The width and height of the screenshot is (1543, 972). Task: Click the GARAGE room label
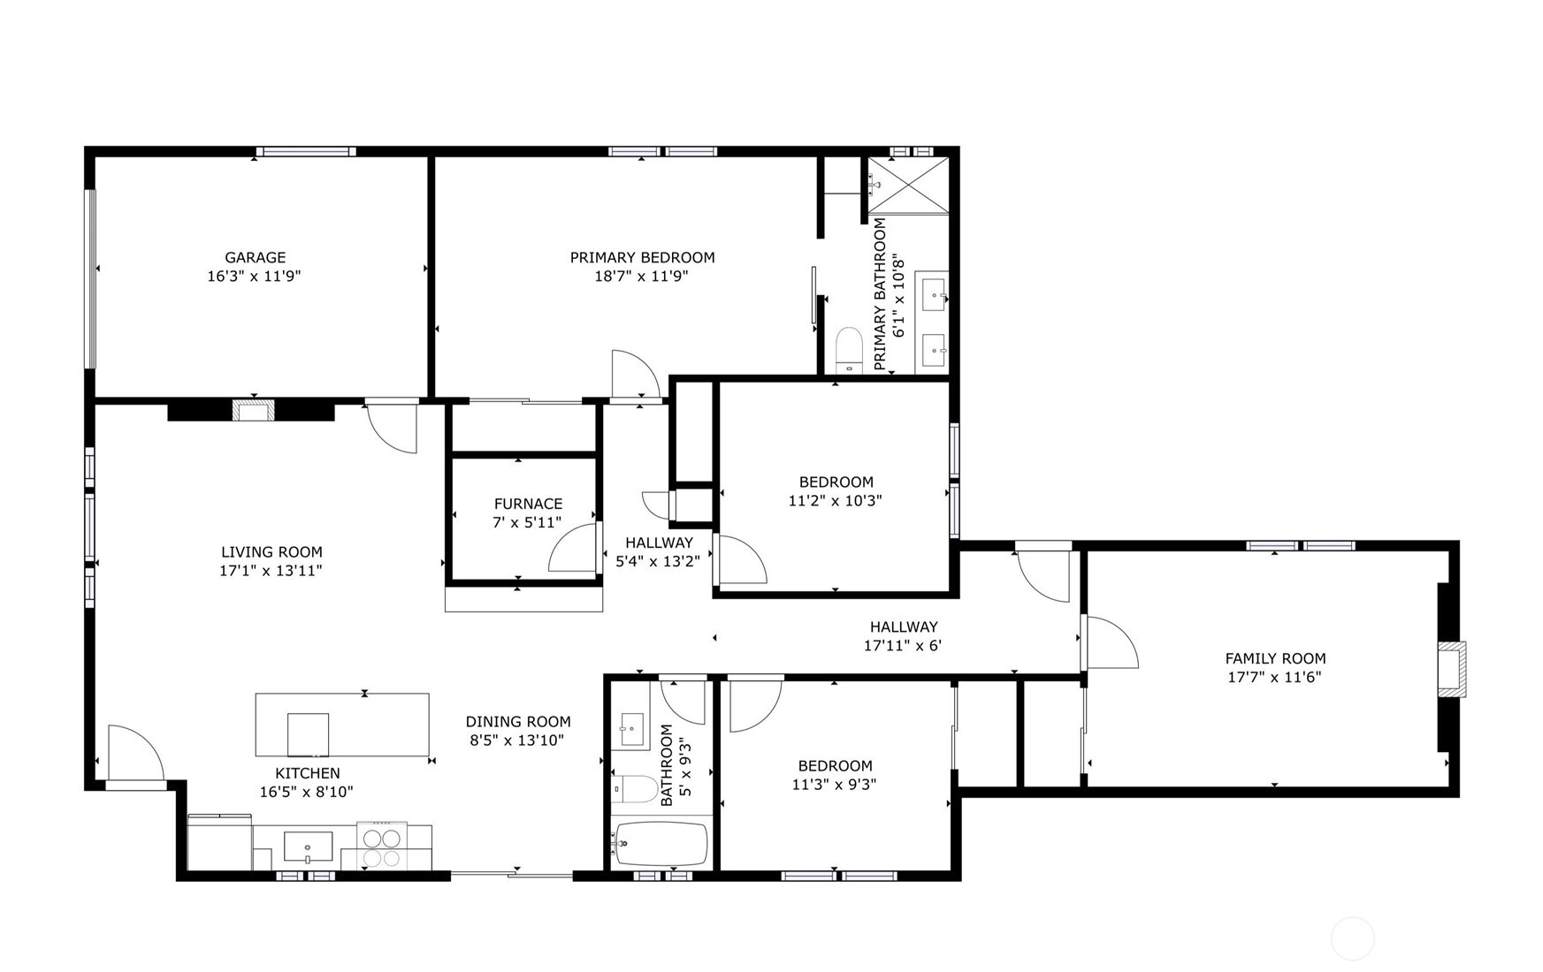255,257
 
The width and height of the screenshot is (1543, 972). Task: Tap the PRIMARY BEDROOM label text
642,257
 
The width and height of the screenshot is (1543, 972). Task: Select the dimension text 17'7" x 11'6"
1274,678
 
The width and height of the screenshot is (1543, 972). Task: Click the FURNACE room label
528,504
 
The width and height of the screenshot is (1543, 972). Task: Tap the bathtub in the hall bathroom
661,845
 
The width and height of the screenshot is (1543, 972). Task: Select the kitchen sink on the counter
308,847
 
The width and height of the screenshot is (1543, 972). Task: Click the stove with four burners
382,846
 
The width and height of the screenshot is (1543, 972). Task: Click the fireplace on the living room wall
254,411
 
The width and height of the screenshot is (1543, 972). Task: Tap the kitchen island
342,725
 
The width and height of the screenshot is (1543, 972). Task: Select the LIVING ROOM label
271,552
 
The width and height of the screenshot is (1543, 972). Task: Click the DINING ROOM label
518,722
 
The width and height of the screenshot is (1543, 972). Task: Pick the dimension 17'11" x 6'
902,646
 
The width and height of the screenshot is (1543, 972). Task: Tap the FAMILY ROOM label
1275,658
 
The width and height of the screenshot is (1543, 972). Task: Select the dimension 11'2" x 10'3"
835,500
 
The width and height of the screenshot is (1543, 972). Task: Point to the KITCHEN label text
307,773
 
